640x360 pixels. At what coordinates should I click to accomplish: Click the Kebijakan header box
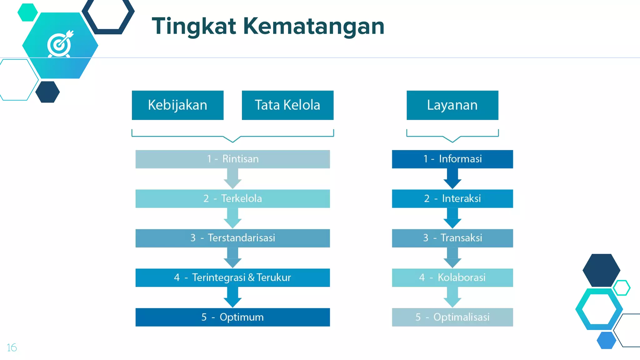pyautogui.click(x=177, y=105)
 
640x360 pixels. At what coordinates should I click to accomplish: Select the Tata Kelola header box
pyautogui.click(x=287, y=105)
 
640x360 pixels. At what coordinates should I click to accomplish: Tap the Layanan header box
pyautogui.click(x=452, y=105)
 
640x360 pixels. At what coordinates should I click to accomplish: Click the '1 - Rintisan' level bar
pyautogui.click(x=232, y=159)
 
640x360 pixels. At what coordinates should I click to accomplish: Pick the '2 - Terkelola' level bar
pyautogui.click(x=232, y=198)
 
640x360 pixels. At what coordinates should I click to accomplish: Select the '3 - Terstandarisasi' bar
pyautogui.click(x=232, y=238)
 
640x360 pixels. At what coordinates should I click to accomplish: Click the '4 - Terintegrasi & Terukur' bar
pyautogui.click(x=232, y=277)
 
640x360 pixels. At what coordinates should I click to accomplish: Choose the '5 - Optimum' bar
pyautogui.click(x=232, y=317)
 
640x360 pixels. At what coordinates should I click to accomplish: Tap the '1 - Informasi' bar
pyautogui.click(x=452, y=159)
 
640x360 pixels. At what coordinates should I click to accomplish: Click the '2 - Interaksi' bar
pyautogui.click(x=452, y=198)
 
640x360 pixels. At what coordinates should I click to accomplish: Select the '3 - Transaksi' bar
pyautogui.click(x=452, y=238)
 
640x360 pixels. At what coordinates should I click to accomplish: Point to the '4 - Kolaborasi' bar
pyautogui.click(x=452, y=277)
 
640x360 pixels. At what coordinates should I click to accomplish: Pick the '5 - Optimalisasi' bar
pyautogui.click(x=452, y=317)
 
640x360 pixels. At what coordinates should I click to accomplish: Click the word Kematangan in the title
pyautogui.click(x=313, y=26)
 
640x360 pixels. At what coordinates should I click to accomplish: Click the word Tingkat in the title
pyautogui.click(x=194, y=26)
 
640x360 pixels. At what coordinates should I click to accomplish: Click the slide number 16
pyautogui.click(x=12, y=347)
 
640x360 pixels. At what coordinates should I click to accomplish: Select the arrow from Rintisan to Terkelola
pyautogui.click(x=232, y=179)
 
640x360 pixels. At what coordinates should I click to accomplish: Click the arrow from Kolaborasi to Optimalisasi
pyautogui.click(x=452, y=297)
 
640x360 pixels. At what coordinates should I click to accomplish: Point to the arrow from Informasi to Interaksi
pyautogui.click(x=452, y=179)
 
